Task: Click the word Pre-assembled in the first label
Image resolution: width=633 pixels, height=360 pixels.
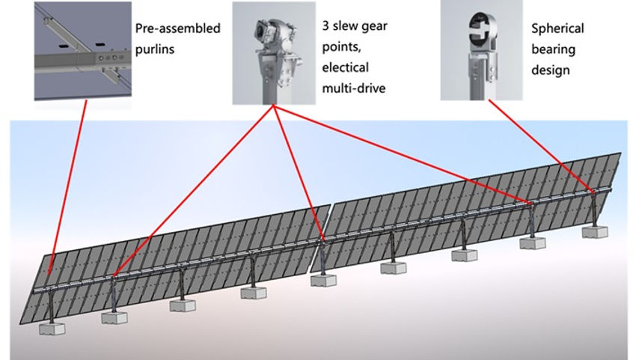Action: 177,29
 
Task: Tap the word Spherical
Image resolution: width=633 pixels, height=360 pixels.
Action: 557,29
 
